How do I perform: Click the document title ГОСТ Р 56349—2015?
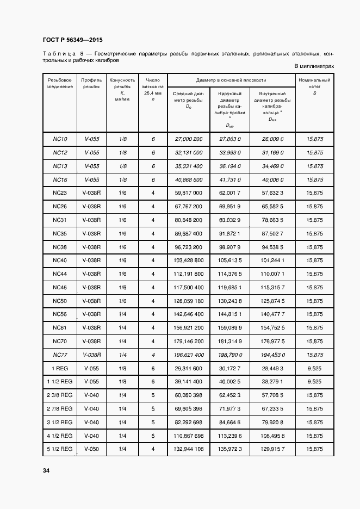72,40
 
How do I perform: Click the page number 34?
46,470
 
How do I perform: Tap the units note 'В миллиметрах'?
314,66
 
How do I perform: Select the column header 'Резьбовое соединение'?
60,83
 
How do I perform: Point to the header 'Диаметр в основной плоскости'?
231,79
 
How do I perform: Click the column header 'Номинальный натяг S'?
314,86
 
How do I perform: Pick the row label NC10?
60,139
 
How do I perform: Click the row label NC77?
60,355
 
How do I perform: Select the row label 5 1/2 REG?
60,449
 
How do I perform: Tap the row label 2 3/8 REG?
60,395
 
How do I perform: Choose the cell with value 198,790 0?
230,355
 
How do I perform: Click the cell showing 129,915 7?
272,449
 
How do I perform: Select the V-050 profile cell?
91,449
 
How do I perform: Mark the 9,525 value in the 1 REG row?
314,368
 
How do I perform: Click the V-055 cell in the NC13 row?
91,166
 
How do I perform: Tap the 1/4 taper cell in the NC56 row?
122,314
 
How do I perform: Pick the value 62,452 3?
230,395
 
